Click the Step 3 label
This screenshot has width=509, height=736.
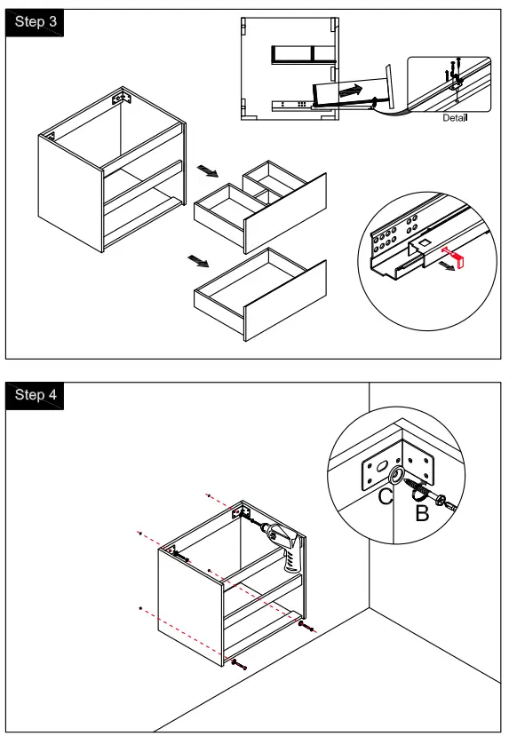coord(36,21)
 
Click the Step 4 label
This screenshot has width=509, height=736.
coord(36,394)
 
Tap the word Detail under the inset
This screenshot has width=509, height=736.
coord(455,118)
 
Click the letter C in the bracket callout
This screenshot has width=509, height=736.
coord(386,496)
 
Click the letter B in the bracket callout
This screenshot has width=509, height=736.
coord(422,512)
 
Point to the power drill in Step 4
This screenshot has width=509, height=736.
coord(282,544)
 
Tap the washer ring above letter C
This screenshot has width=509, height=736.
coord(396,476)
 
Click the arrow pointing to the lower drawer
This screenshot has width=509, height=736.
coord(198,260)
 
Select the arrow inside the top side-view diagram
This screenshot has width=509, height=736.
coord(351,91)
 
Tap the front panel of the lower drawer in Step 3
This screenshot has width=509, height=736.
coord(285,300)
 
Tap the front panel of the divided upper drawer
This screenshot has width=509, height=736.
coord(285,213)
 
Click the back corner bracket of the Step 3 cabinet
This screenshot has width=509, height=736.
coord(121,98)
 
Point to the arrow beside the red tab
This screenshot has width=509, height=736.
coord(448,266)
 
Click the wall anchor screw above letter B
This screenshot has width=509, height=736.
coord(429,493)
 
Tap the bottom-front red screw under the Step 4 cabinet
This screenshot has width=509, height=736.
coord(239,664)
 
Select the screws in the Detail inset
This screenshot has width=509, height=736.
coord(453,69)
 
